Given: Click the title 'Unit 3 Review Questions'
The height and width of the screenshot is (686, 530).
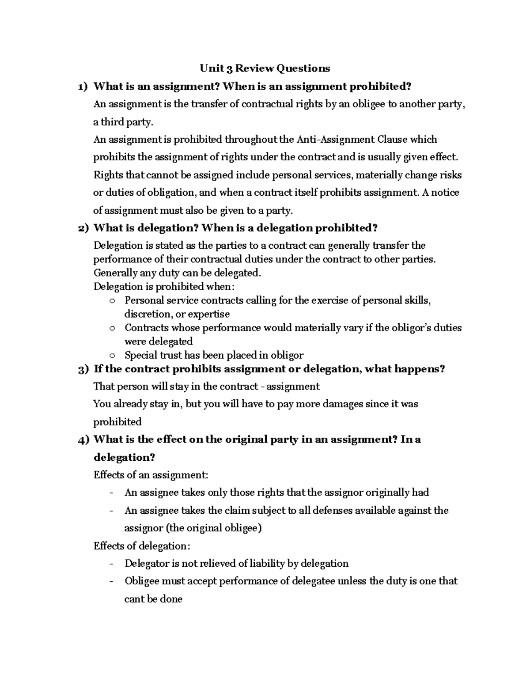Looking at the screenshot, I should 265,68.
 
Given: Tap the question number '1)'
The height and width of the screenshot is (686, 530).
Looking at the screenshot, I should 83,87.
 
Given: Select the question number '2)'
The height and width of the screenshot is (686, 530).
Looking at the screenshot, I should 83,228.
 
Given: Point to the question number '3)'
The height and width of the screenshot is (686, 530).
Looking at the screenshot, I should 83,369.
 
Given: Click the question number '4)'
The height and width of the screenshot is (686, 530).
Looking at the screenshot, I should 83,440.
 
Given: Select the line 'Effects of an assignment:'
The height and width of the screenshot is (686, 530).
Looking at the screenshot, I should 151,475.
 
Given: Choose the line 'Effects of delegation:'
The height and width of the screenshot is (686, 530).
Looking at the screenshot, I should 142,546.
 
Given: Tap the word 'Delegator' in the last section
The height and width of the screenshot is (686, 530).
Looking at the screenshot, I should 146,564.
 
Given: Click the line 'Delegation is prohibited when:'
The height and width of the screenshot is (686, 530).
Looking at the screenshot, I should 163,287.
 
